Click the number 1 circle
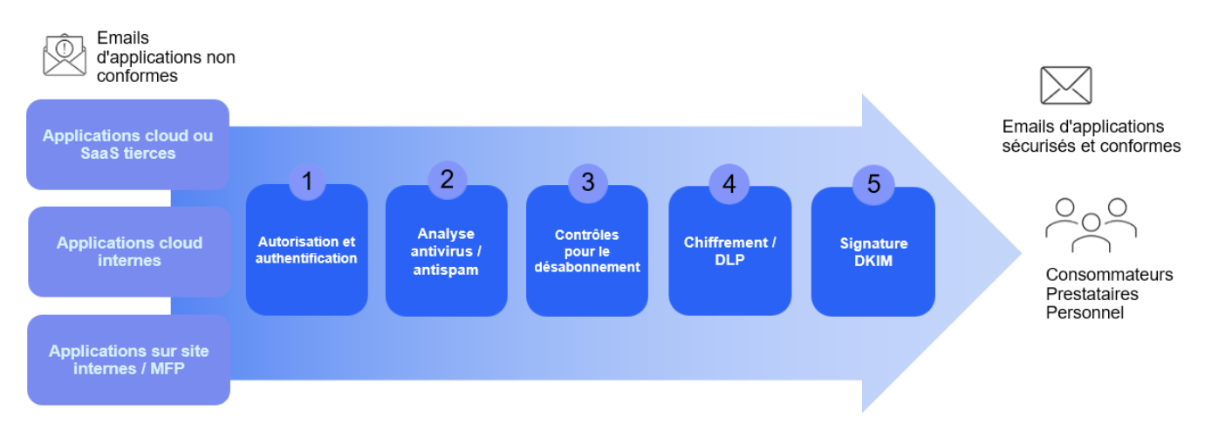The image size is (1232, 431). (307, 181)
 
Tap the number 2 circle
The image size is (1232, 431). (448, 180)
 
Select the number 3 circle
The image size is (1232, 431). (588, 181)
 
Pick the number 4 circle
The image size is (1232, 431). (729, 183)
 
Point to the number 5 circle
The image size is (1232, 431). (873, 184)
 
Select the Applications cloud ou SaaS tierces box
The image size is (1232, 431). (127, 145)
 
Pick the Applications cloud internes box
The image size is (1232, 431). (129, 251)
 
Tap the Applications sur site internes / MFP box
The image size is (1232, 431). (128, 359)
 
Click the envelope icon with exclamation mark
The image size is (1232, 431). (64, 55)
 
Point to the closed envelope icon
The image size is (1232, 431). (1065, 86)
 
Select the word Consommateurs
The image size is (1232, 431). (1109, 275)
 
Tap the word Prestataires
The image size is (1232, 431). (1092, 293)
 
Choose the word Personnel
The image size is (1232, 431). (1085, 312)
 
